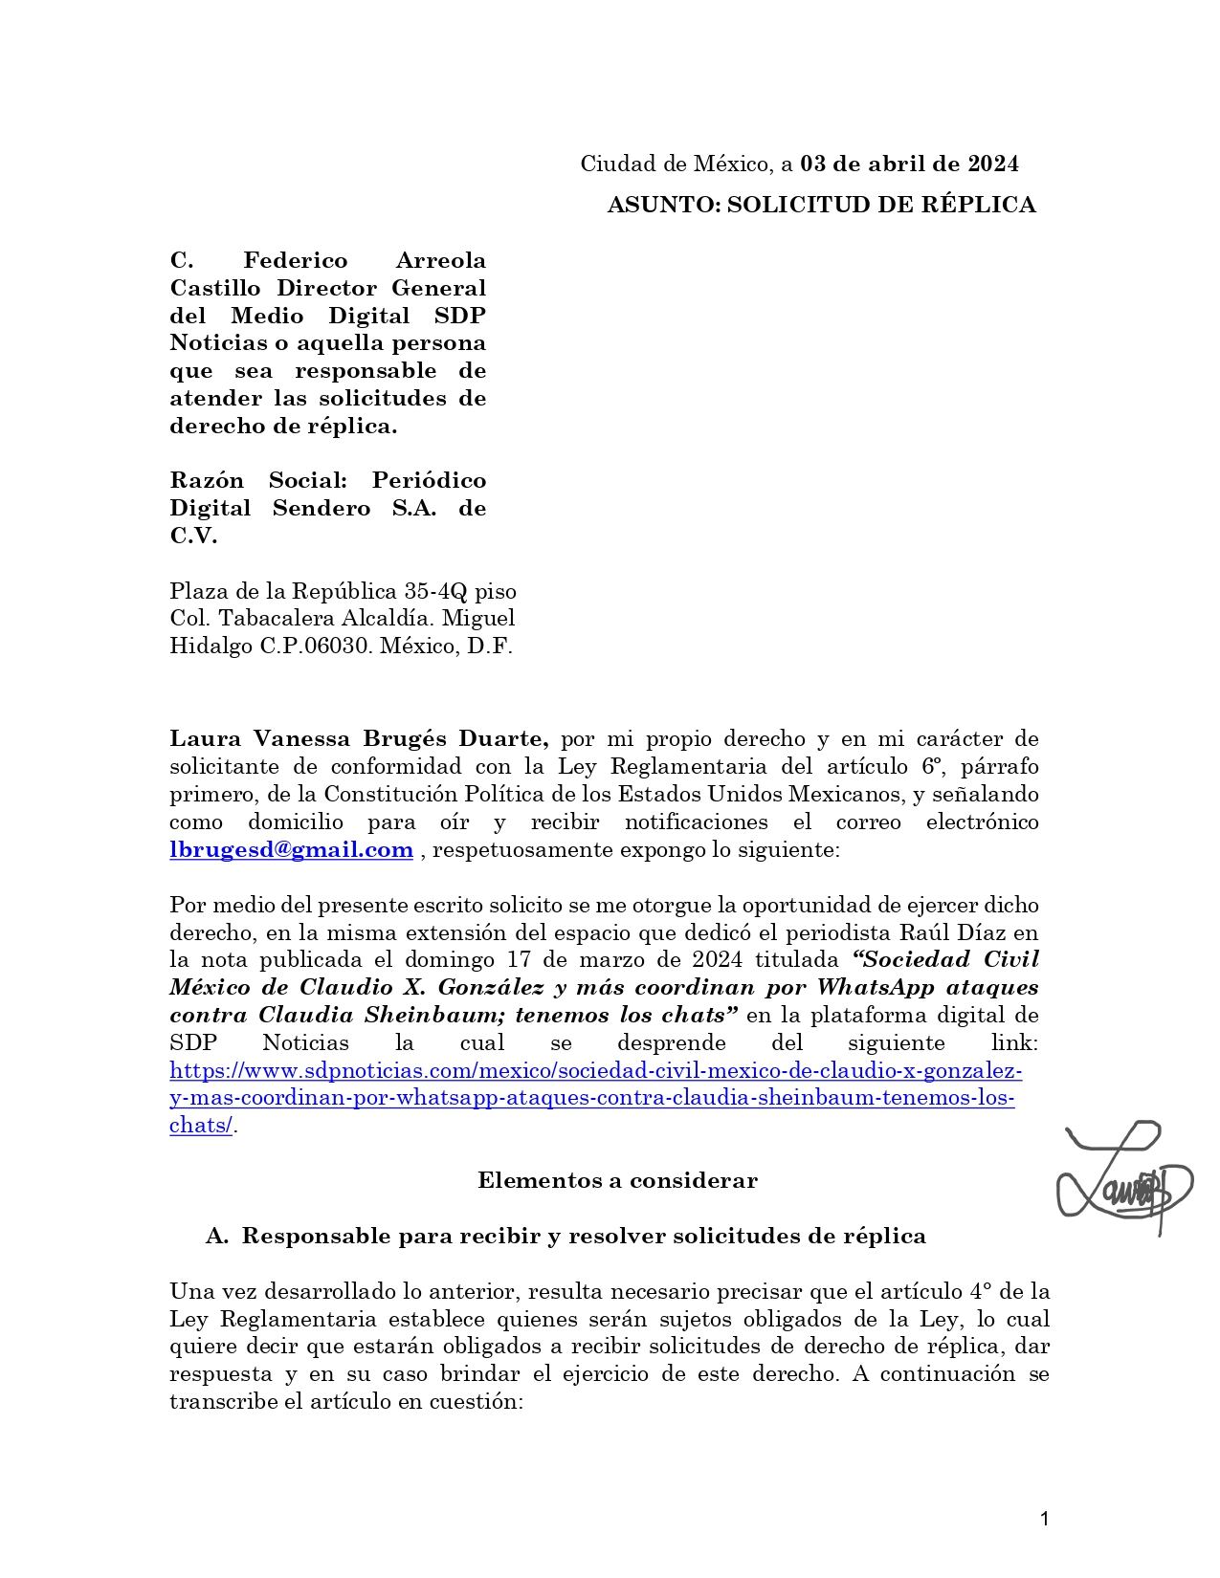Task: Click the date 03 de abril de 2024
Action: point(909,164)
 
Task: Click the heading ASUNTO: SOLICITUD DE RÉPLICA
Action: point(821,205)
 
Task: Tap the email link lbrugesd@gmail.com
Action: point(291,849)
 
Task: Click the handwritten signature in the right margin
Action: point(1123,1177)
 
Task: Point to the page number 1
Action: point(1044,1518)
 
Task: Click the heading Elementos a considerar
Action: point(617,1180)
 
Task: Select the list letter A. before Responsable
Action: point(217,1236)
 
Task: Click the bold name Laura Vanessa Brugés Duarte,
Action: point(359,738)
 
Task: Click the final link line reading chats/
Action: point(201,1126)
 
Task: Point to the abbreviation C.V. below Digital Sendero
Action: point(193,536)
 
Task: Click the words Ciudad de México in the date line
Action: point(676,164)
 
